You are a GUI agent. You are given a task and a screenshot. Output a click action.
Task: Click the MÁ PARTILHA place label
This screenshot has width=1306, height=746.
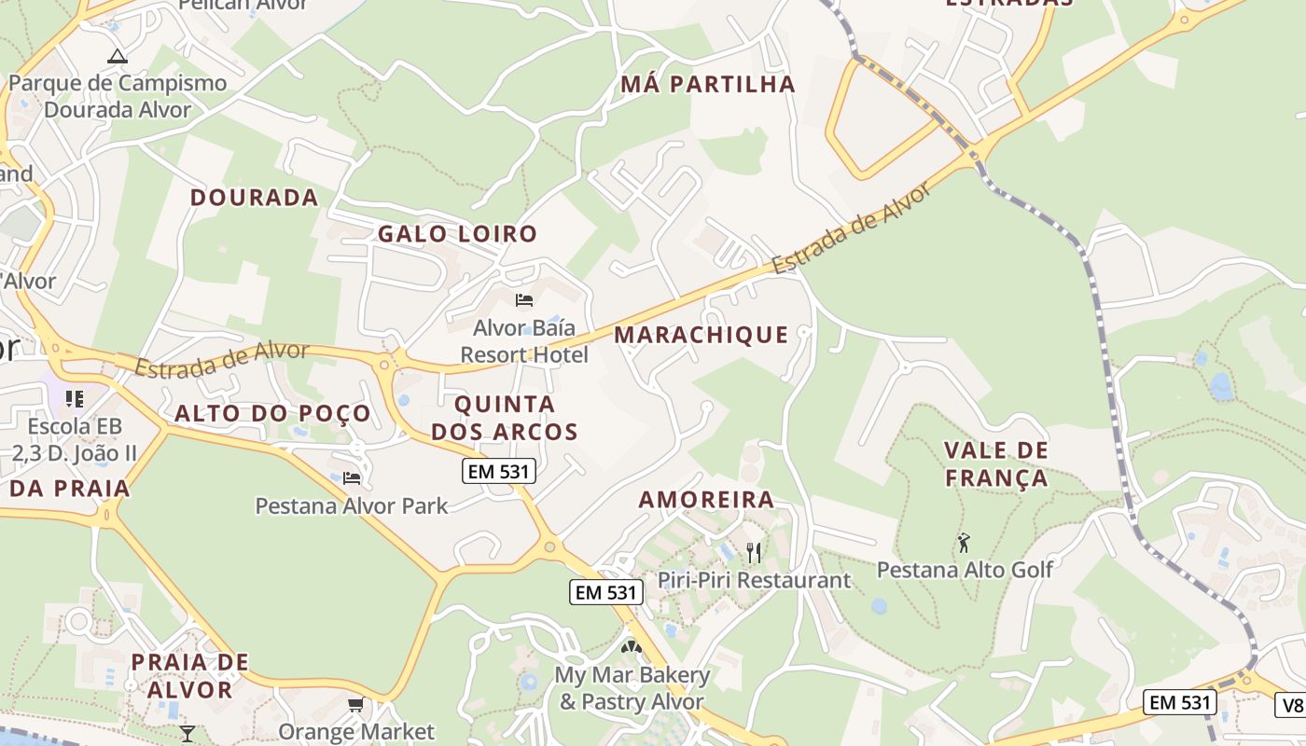pyautogui.click(x=708, y=85)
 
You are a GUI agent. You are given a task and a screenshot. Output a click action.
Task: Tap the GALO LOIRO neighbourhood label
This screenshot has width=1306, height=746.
pyautogui.click(x=457, y=234)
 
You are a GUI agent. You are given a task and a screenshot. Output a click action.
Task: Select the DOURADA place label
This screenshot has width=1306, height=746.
pyautogui.click(x=255, y=198)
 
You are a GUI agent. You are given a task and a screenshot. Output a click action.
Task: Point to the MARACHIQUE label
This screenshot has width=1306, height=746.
pyautogui.click(x=702, y=335)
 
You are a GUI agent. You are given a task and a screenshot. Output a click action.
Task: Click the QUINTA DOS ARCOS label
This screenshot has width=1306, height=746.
pyautogui.click(x=505, y=418)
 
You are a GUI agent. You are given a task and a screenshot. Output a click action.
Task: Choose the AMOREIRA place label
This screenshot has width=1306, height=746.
pyautogui.click(x=706, y=500)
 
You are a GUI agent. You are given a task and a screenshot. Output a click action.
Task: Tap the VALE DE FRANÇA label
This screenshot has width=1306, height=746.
pyautogui.click(x=996, y=464)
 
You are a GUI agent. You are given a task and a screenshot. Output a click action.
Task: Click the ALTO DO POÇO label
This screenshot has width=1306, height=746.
pyautogui.click(x=272, y=414)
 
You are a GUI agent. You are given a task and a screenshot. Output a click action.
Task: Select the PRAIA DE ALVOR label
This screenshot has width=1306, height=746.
pyautogui.click(x=190, y=676)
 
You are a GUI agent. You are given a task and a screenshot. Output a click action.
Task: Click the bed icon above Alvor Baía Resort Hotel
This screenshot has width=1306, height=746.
pyautogui.click(x=524, y=300)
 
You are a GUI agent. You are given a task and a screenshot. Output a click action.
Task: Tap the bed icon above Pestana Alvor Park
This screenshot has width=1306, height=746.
pyautogui.click(x=352, y=478)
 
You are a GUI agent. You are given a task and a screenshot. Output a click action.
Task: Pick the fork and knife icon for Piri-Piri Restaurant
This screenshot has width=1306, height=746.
pyautogui.click(x=754, y=552)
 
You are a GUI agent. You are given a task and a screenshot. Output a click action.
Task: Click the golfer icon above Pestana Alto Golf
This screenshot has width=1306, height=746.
pyautogui.click(x=964, y=542)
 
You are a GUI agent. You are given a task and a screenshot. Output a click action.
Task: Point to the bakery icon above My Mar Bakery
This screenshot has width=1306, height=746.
pyautogui.click(x=632, y=646)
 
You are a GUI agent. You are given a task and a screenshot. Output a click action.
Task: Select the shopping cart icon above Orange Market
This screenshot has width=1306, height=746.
pyautogui.click(x=355, y=705)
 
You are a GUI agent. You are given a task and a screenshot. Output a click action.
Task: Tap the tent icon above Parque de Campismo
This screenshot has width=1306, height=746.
pyautogui.click(x=117, y=56)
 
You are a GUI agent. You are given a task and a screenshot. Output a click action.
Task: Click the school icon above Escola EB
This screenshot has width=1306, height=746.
pyautogui.click(x=75, y=399)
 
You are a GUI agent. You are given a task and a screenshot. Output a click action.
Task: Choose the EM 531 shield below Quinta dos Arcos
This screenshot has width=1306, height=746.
pyautogui.click(x=499, y=472)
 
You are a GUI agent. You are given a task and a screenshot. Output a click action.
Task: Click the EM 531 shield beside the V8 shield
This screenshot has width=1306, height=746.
pyautogui.click(x=1180, y=703)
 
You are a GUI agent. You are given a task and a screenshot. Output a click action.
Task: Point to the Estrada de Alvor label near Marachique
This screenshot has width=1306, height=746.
pyautogui.click(x=851, y=229)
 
